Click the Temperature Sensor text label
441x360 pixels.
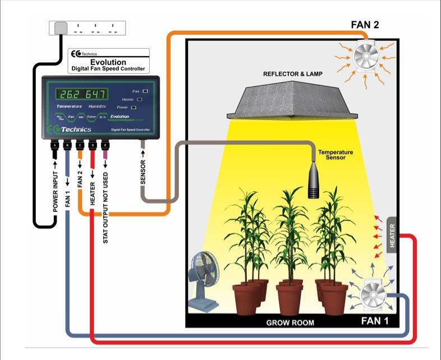click(x=336, y=155)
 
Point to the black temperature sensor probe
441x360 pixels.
click(x=315, y=183)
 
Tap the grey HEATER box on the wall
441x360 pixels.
click(x=392, y=236)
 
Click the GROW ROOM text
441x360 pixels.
click(x=290, y=323)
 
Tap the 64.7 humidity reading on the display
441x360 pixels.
click(x=94, y=93)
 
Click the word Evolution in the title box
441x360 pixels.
click(x=108, y=62)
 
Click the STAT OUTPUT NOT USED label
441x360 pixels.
click(x=105, y=207)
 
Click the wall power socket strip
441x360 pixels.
click(x=87, y=27)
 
